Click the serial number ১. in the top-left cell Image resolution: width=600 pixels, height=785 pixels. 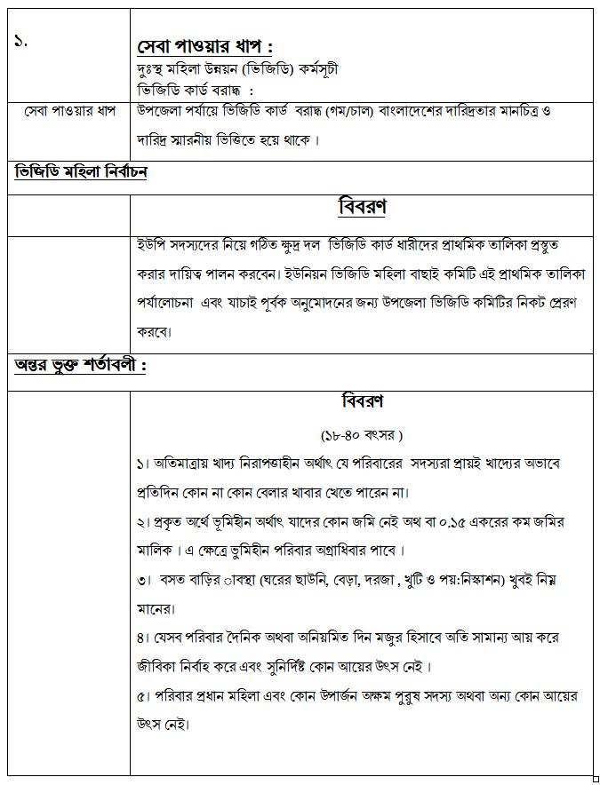coord(20,42)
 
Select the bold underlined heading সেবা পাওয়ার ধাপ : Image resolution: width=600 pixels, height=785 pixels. coord(204,45)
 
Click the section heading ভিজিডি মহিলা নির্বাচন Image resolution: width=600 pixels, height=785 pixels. coord(81,171)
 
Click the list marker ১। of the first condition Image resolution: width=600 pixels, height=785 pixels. coord(144,464)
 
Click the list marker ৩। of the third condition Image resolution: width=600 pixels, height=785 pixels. coord(144,580)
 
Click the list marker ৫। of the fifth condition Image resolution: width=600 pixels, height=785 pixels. coord(144,695)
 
